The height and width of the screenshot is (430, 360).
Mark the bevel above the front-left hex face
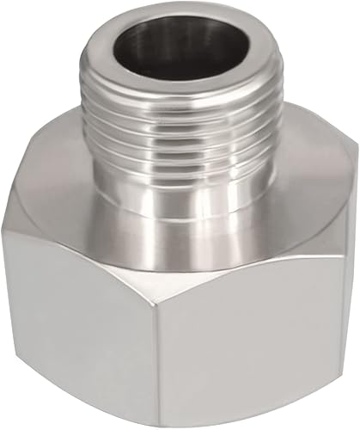[112, 245]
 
